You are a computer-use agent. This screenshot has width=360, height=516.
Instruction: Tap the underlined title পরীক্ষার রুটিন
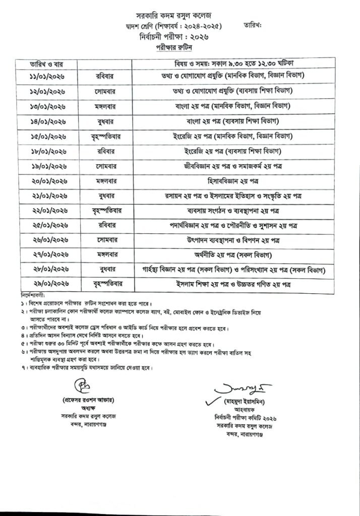tap(173, 47)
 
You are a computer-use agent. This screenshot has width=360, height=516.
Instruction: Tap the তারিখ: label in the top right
tap(254, 25)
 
